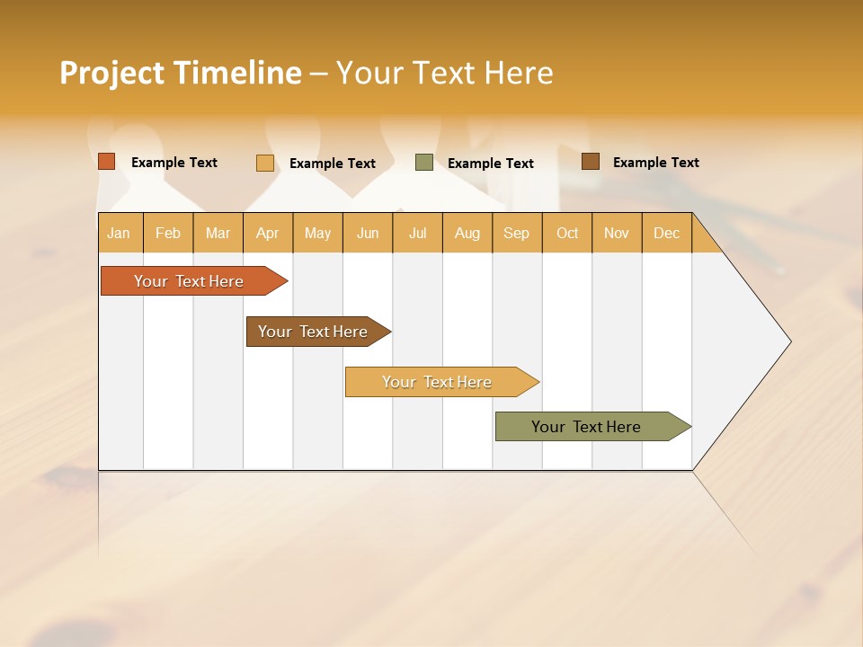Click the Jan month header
(x=119, y=233)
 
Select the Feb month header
(x=168, y=233)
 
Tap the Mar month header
(x=218, y=233)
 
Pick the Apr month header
(x=268, y=233)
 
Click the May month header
(x=317, y=233)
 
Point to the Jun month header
(x=368, y=233)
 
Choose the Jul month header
(x=417, y=233)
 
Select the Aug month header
(x=467, y=233)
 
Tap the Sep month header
(x=517, y=233)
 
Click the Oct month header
(x=567, y=233)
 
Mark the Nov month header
(x=617, y=233)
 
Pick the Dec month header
(x=667, y=233)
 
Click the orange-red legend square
(x=107, y=162)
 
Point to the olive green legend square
(x=424, y=163)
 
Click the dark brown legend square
(x=591, y=162)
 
